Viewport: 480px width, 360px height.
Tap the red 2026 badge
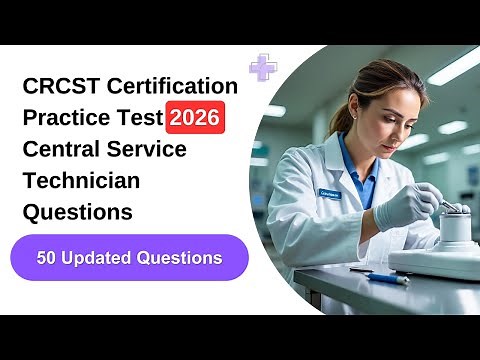(195, 119)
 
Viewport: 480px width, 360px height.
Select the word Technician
(82, 181)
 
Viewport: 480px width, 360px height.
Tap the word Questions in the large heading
(77, 212)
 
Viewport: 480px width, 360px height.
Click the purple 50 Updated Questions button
(129, 257)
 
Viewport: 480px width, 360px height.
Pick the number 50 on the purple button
(47, 257)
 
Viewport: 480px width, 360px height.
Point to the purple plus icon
(263, 67)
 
